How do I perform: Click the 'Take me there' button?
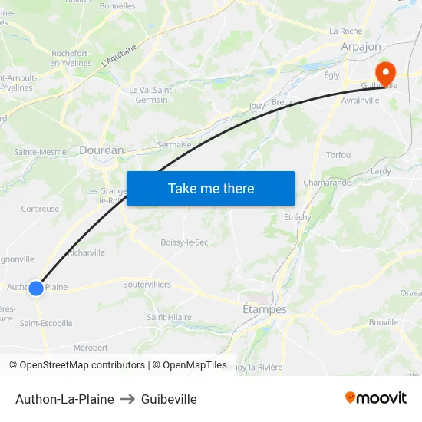pyautogui.click(x=211, y=188)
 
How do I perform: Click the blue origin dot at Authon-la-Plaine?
pyautogui.click(x=36, y=288)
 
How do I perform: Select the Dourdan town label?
pyautogui.click(x=101, y=150)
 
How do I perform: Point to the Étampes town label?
pyautogui.click(x=264, y=309)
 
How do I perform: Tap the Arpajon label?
pyautogui.click(x=361, y=47)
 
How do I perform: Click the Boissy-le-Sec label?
pyautogui.click(x=184, y=242)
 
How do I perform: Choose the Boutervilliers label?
pyautogui.click(x=147, y=284)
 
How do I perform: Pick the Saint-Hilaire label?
pyautogui.click(x=169, y=317)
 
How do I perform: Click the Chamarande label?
pyautogui.click(x=328, y=183)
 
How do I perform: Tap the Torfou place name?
pyautogui.click(x=338, y=155)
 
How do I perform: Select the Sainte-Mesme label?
pyautogui.click(x=40, y=152)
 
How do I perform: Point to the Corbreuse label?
pyautogui.click(x=40, y=209)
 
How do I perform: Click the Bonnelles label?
pyautogui.click(x=117, y=6)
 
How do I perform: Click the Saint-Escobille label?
pyautogui.click(x=46, y=323)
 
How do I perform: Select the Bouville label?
pyautogui.click(x=383, y=322)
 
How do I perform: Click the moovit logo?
pyautogui.click(x=376, y=398)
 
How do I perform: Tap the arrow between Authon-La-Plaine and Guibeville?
pyautogui.click(x=127, y=399)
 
